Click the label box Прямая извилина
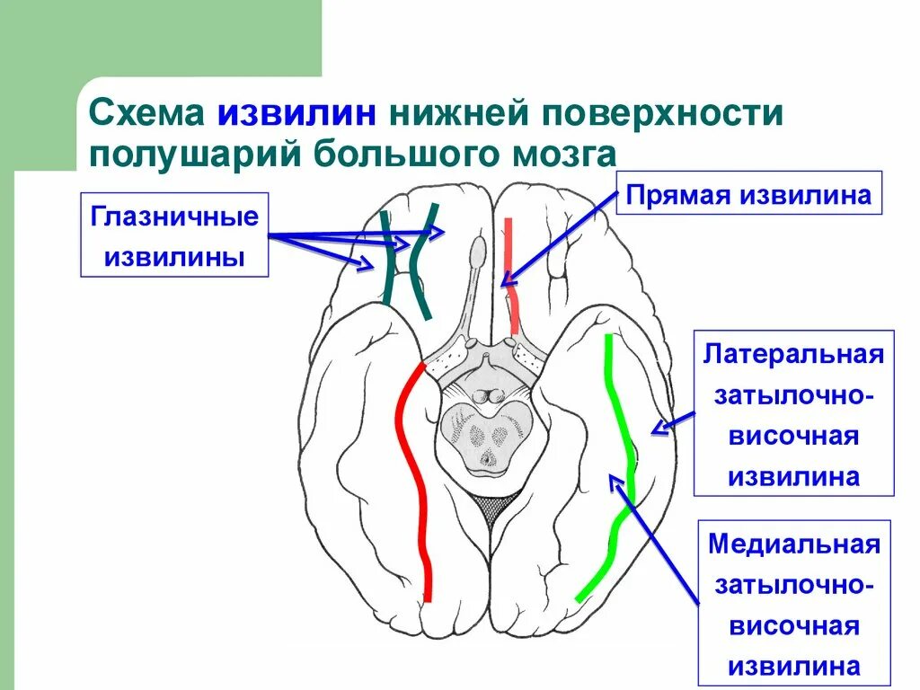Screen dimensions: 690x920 (x=748, y=195)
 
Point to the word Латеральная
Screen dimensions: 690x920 (x=793, y=352)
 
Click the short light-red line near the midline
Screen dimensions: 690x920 (x=510, y=270)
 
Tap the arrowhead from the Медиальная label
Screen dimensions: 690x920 (x=617, y=482)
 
